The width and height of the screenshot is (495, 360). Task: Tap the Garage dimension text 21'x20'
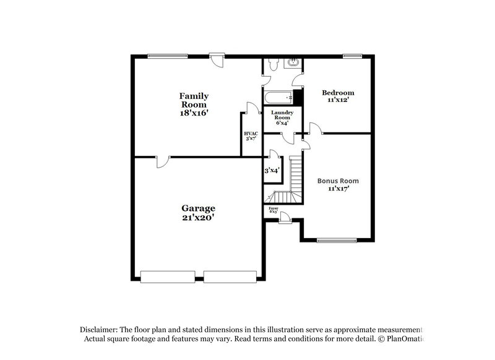[198, 218]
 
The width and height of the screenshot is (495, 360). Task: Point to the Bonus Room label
[338, 181]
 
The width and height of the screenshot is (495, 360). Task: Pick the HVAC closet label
[251, 134]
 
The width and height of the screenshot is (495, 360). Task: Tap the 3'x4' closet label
[272, 170]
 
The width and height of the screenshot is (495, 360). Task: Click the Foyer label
[273, 208]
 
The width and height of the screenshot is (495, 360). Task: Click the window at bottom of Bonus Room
[338, 240]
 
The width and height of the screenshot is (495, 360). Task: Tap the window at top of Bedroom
[353, 56]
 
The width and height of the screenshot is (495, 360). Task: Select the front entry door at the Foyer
[285, 216]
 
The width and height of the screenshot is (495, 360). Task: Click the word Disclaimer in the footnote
[100, 329]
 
